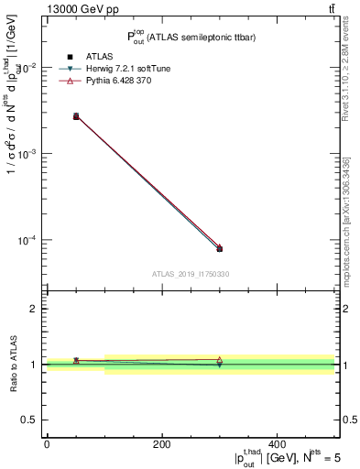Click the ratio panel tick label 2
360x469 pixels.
click(x=31, y=310)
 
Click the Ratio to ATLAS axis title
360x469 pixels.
click(x=12, y=365)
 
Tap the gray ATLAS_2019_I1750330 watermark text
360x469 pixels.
click(x=191, y=274)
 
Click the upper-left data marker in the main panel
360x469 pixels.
click(x=76, y=116)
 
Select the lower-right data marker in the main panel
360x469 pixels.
click(x=219, y=248)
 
